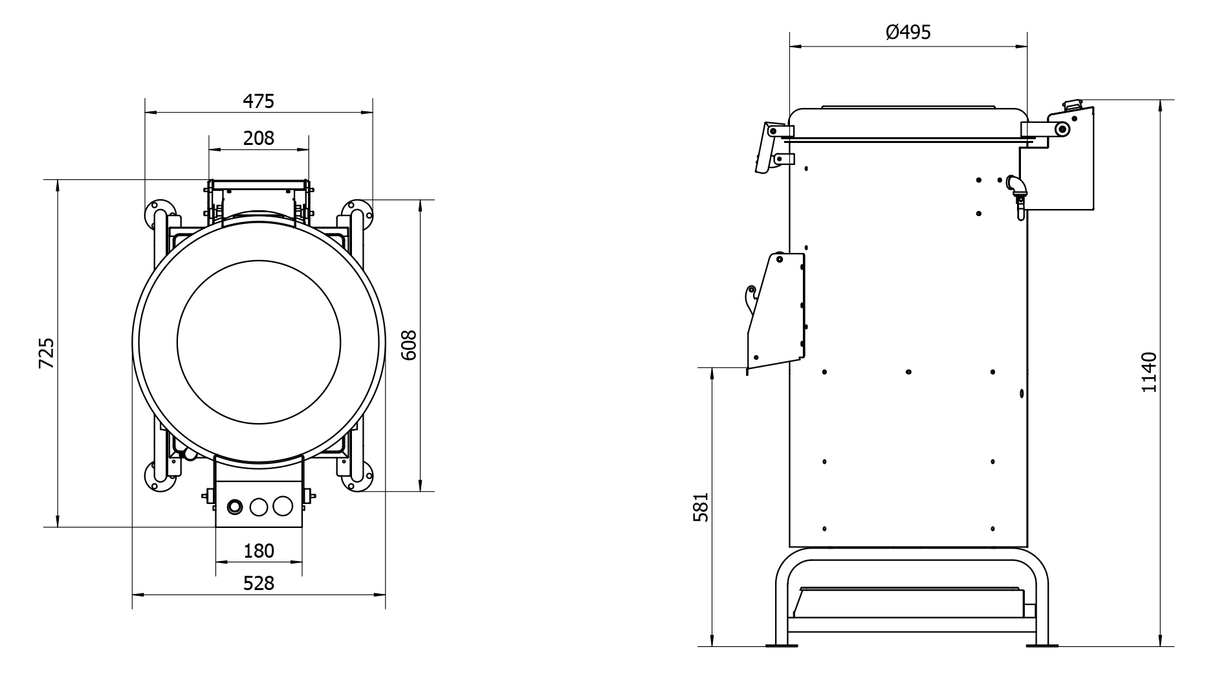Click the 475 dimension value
[259, 102]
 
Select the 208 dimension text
[259, 138]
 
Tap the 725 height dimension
[47, 353]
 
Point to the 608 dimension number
[409, 345]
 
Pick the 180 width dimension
[259, 551]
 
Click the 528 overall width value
[259, 584]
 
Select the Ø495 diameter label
[908, 32]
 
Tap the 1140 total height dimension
[1148, 372]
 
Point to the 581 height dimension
[701, 507]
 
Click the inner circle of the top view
[259, 343]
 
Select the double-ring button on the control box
[234, 507]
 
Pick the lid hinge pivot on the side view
[1061, 130]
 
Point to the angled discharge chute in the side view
[776, 311]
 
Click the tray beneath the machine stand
[909, 602]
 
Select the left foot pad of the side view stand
[781, 645]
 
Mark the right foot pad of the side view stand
[1042, 645]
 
